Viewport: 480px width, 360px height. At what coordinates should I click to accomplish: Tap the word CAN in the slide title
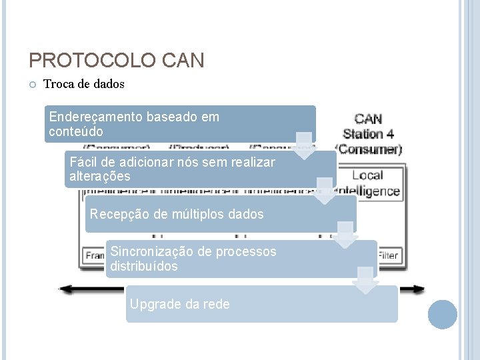click(182, 61)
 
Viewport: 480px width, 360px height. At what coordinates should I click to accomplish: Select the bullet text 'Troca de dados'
click(83, 85)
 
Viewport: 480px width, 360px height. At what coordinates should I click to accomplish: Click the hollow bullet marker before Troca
click(33, 85)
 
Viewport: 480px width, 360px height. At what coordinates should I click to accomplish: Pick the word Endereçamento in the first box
click(91, 117)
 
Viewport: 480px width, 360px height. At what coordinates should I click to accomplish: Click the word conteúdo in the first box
click(76, 131)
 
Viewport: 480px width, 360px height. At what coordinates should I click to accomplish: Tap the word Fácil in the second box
click(83, 162)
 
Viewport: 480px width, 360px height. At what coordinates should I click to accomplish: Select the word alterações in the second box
click(100, 177)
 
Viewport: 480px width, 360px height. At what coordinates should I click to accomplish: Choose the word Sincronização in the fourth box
click(151, 251)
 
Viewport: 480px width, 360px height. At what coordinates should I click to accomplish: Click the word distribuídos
click(144, 266)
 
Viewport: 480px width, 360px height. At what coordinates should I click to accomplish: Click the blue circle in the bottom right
click(442, 314)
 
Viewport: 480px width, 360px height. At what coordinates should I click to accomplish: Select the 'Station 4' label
click(369, 134)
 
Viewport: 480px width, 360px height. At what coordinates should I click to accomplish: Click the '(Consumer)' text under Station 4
click(369, 149)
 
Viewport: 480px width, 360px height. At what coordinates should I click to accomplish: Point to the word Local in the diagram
click(367, 175)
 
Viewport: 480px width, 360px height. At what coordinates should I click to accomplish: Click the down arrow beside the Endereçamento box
click(304, 146)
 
